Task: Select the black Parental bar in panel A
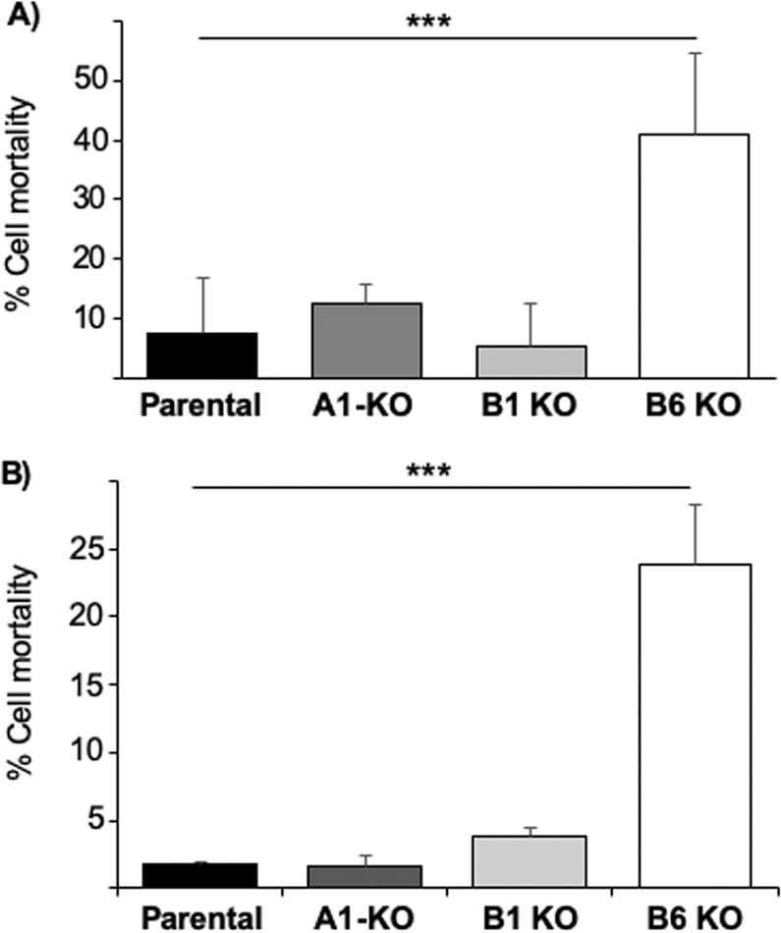[201, 355]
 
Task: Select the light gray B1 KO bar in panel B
[530, 861]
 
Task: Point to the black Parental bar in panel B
[201, 875]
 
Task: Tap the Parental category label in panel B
[201, 916]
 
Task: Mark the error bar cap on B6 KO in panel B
[695, 504]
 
